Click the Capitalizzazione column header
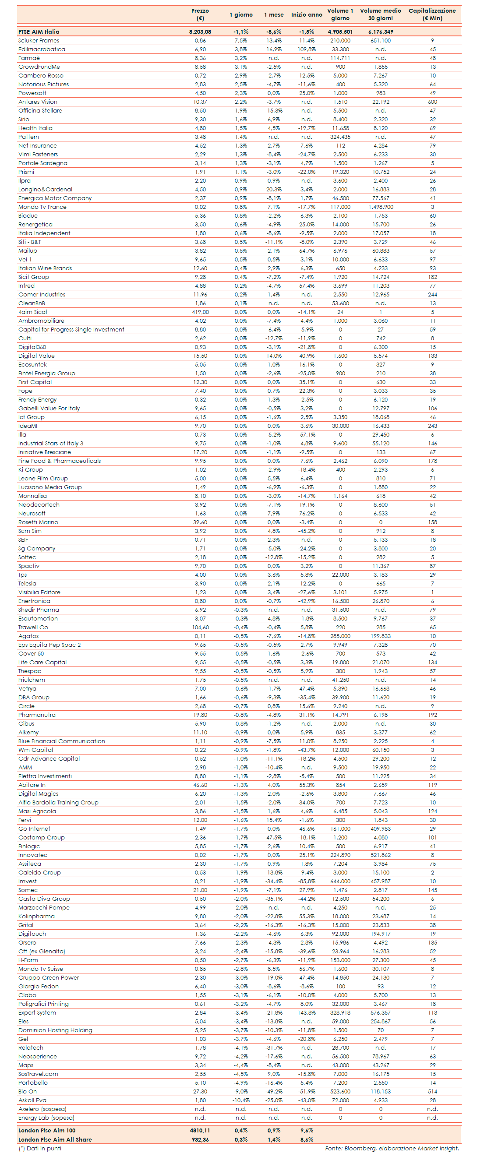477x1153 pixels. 432,14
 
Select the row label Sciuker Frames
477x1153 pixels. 39,41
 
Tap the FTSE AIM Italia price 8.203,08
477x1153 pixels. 200,32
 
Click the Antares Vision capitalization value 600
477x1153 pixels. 432,102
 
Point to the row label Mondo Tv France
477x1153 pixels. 42,207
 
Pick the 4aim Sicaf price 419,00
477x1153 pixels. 200,312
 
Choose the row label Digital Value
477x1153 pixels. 36,356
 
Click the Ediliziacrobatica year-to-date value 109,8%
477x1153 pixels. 306,49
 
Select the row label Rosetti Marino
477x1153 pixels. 38,522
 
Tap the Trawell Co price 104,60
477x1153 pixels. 200,628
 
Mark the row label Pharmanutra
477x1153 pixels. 37,715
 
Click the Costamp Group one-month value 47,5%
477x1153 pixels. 274,838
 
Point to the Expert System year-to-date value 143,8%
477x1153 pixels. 306,1013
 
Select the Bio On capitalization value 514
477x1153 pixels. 432,1092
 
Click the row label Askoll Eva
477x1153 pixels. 32,1100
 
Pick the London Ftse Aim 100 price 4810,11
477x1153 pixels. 200,1131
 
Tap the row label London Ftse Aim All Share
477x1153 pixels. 55,1139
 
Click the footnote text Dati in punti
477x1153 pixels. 40,1149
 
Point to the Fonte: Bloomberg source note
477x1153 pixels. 392,1149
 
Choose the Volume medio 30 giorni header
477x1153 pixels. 380,14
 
